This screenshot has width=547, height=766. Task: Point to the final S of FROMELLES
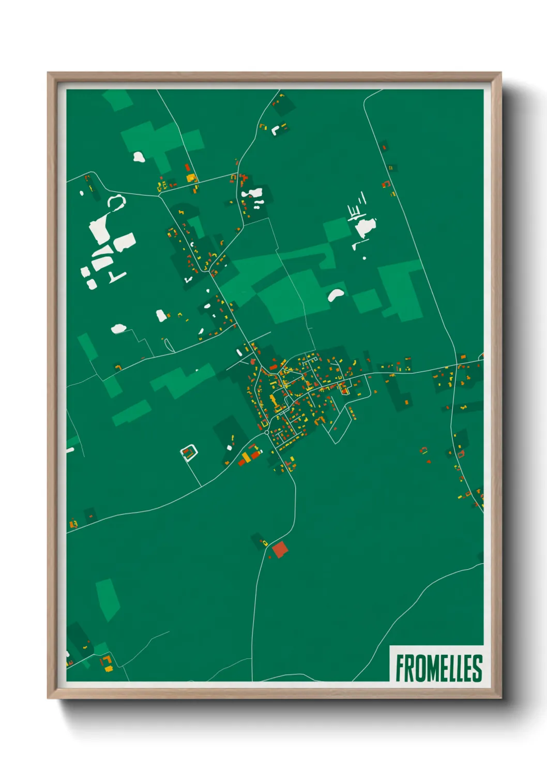477,668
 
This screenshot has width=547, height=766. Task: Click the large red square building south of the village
279,549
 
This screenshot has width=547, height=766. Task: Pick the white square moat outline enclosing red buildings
189,453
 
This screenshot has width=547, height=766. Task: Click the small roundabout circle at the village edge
267,432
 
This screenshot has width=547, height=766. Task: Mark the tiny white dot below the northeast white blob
364,257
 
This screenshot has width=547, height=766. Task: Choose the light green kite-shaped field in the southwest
108,599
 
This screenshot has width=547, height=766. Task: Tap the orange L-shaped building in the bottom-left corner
108,662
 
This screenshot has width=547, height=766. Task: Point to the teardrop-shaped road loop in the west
168,344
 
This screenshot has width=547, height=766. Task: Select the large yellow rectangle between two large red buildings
247,456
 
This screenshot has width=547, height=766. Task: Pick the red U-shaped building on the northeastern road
386,184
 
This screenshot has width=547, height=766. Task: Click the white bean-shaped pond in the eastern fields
336,294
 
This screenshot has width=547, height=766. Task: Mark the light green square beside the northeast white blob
336,229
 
